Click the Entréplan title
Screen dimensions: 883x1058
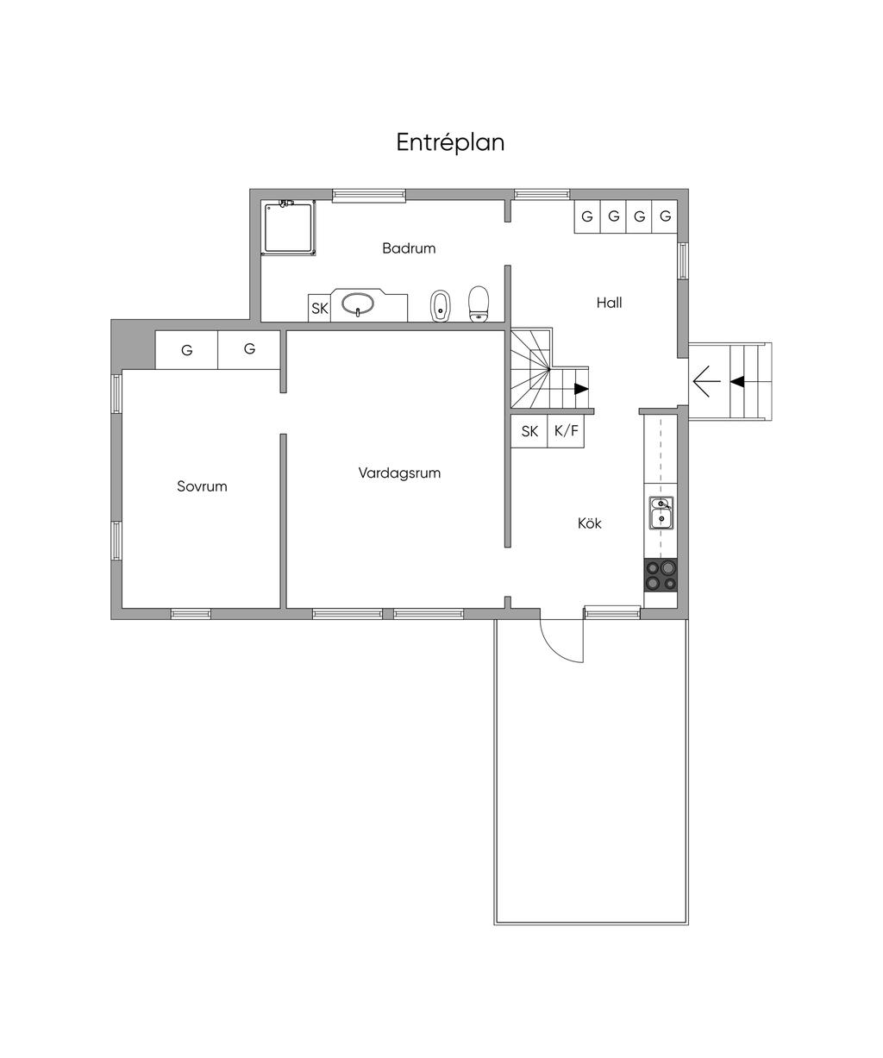point(450,142)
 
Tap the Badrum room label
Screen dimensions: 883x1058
point(409,248)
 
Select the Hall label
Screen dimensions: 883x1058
point(609,303)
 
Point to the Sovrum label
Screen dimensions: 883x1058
point(202,486)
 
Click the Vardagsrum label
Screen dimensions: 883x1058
point(399,473)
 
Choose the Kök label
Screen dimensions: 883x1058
point(589,523)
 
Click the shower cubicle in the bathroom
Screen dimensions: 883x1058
point(288,228)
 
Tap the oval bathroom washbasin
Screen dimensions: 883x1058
point(358,304)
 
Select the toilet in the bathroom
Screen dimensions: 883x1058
point(479,304)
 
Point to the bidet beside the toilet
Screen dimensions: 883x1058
point(440,305)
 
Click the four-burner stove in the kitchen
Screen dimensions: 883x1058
point(661,574)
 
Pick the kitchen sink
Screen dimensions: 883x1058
point(661,513)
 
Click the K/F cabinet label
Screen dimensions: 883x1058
point(567,430)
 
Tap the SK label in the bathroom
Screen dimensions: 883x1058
point(319,308)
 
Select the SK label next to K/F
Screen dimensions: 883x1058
point(529,431)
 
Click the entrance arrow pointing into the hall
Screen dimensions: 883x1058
point(706,380)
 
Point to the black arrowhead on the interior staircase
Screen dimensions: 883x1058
point(581,389)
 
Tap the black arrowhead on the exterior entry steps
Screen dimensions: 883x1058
point(737,381)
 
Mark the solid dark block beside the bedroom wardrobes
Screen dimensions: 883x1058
point(133,345)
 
